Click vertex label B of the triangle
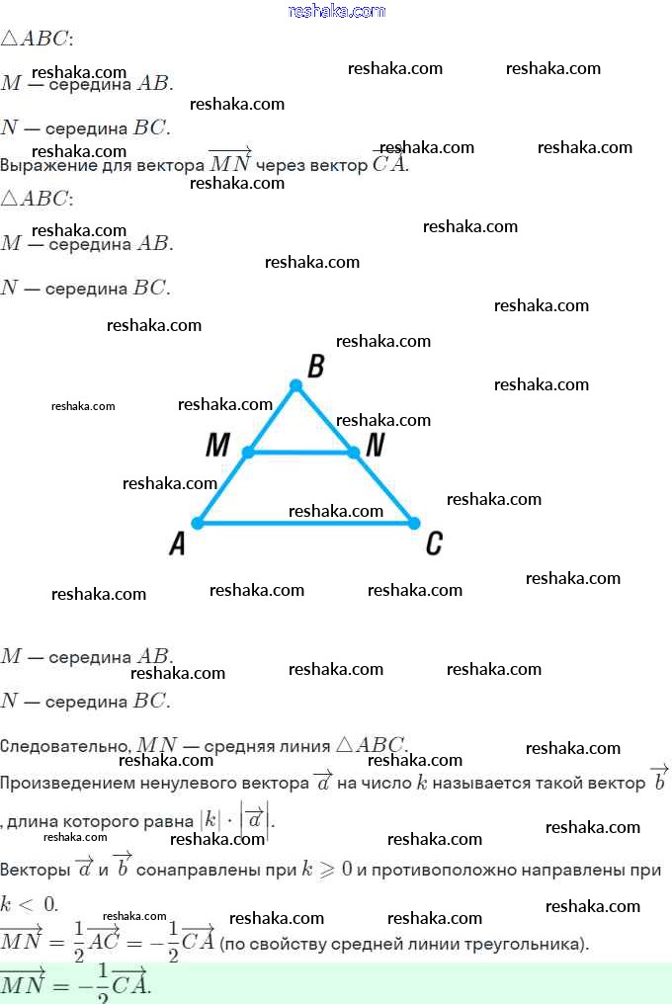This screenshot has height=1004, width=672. pyautogui.click(x=315, y=368)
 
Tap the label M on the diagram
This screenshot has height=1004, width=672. pyautogui.click(x=217, y=446)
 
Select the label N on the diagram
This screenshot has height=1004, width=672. pyautogui.click(x=375, y=446)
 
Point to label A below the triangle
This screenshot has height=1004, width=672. pyautogui.click(x=178, y=543)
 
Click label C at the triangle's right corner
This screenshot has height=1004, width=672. pyautogui.click(x=433, y=543)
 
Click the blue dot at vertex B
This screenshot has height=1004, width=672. pyautogui.click(x=295, y=385)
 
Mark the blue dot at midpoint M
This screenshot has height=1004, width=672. pyautogui.click(x=248, y=453)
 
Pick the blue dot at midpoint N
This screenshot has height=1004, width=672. pyautogui.click(x=353, y=453)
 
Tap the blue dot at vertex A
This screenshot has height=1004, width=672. pyautogui.click(x=198, y=523)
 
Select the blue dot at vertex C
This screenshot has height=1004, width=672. pyautogui.click(x=414, y=523)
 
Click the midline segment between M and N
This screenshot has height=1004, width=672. pyautogui.click(x=300, y=453)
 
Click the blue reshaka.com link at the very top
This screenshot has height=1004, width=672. pyautogui.click(x=336, y=11)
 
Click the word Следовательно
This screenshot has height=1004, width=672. pyautogui.click(x=65, y=746)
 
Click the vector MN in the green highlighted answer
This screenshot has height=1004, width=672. pyautogui.click(x=21, y=984)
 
